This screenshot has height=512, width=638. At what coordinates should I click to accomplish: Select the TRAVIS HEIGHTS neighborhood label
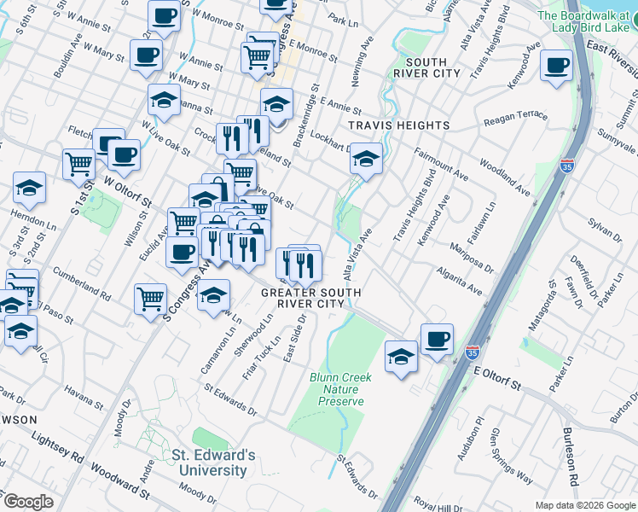click(399, 125)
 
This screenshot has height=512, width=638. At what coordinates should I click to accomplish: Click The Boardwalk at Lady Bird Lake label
click(588, 22)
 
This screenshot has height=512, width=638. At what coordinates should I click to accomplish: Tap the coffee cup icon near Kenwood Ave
click(557, 66)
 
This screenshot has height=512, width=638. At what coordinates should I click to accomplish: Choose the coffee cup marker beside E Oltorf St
click(437, 339)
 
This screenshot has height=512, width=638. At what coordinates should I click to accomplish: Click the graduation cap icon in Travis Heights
click(366, 159)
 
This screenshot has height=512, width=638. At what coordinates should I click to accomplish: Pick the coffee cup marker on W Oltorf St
click(124, 154)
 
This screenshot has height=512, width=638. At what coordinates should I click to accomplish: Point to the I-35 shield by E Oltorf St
click(473, 352)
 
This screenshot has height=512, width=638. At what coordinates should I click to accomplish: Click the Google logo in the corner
click(27, 501)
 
